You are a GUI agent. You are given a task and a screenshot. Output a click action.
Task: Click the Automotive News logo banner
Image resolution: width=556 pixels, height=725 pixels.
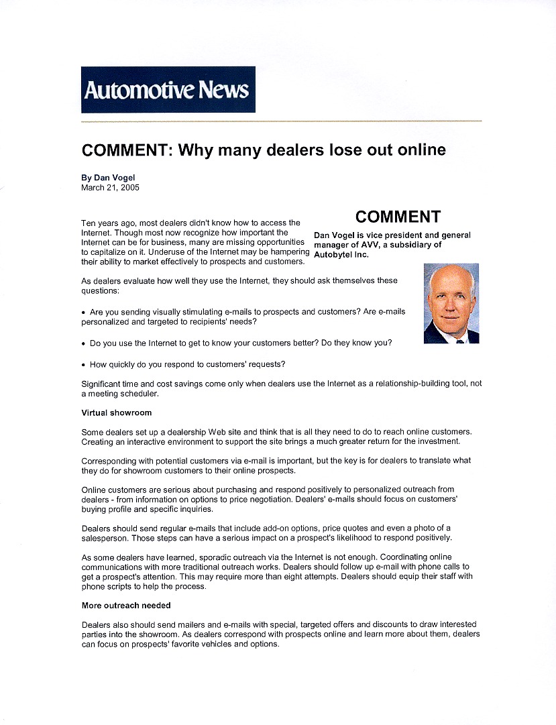tap(168, 89)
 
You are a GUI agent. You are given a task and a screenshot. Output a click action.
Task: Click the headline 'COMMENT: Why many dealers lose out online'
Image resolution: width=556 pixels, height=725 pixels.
tap(264, 150)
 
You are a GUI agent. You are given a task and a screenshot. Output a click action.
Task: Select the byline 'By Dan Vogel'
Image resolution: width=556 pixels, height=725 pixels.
tap(108, 178)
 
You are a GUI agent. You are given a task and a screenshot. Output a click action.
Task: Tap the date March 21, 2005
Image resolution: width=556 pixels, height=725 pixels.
tap(110, 188)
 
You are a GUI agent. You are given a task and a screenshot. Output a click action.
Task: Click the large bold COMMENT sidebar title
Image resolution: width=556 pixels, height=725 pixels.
tap(398, 217)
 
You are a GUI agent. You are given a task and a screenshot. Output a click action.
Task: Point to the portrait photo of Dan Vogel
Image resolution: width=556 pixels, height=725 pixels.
tap(451, 303)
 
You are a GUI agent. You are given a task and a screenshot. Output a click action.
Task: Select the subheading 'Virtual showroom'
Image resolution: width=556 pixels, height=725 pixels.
tap(117, 412)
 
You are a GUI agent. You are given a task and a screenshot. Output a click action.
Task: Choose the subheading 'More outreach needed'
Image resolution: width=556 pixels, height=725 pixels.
tap(125, 606)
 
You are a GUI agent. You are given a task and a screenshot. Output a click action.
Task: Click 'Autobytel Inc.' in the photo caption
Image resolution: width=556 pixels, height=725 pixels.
tap(341, 255)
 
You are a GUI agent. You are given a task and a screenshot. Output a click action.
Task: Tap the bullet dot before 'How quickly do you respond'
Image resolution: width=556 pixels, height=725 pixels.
tap(84, 365)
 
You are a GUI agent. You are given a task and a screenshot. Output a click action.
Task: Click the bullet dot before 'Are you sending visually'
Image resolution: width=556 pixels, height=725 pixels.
tap(84, 313)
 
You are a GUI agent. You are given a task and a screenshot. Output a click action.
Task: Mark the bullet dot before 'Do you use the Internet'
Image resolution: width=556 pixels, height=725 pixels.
tap(84, 343)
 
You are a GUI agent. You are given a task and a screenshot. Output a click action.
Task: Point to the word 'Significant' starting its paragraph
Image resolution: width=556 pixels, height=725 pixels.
tap(101, 384)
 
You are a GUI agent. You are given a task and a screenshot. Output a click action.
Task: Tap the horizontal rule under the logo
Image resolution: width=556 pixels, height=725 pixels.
tap(281, 121)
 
